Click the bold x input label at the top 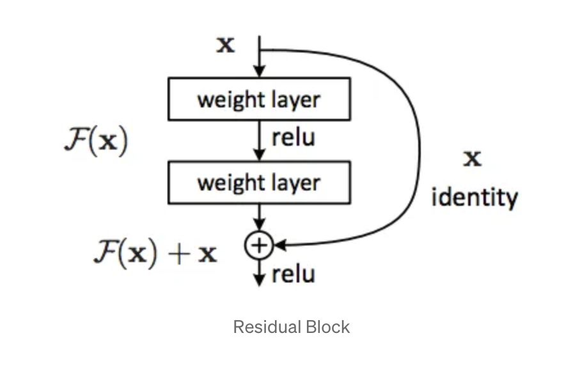pos(225,45)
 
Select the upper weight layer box pos(259,99)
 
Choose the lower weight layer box pos(259,183)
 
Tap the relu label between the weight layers pos(293,138)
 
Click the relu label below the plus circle pos(293,275)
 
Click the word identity pos(474,197)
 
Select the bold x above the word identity pos(473,158)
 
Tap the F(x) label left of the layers pos(96,141)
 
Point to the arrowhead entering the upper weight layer pos(259,72)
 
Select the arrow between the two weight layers pos(259,141)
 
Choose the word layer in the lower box pos(293,183)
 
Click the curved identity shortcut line pos(419,147)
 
